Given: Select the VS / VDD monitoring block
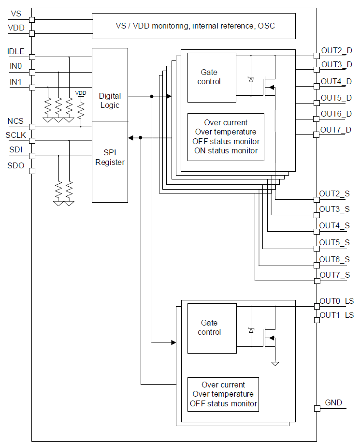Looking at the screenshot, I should tap(193, 26).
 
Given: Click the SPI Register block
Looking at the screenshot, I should tap(110, 158).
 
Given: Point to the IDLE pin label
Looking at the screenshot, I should tap(16, 51).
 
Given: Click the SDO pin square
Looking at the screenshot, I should tap(32, 171).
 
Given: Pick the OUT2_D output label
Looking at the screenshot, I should tap(336, 50).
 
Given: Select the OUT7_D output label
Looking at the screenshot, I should tap(336, 130).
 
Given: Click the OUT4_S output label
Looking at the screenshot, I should tap(334, 225).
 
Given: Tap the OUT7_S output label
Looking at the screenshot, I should tap(334, 275).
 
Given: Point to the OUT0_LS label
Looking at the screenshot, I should tap(336, 301).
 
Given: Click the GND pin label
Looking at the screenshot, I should tap(333, 402).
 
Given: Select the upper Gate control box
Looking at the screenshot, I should tap(212, 77).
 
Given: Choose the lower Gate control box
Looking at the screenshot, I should tap(212, 327).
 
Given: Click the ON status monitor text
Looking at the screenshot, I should tap(226, 150).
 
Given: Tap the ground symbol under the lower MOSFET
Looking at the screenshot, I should tap(275, 363).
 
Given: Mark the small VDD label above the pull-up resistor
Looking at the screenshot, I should tap(81, 93).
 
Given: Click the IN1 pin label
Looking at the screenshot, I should tap(16, 82).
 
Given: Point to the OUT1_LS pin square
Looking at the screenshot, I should tap(317, 320).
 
